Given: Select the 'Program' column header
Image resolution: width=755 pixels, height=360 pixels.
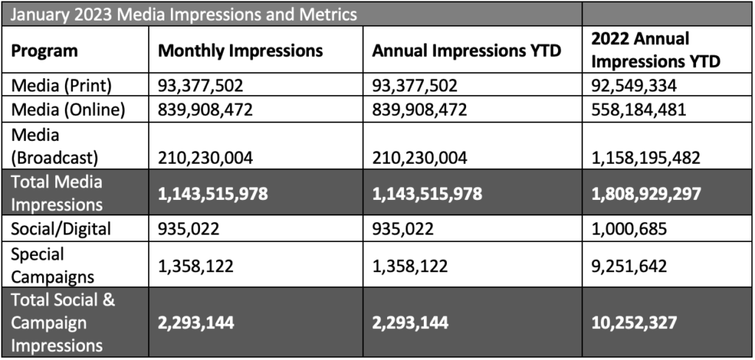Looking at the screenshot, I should pyautogui.click(x=44, y=51).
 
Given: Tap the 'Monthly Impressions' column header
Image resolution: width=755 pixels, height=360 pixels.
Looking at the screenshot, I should pyautogui.click(x=240, y=51).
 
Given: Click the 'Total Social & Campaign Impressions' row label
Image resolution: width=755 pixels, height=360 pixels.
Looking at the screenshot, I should pyautogui.click(x=63, y=322).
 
